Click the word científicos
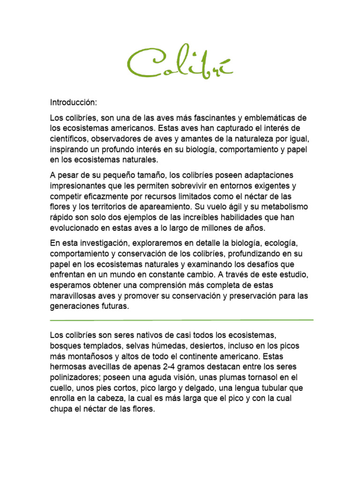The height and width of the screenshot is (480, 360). (70, 139)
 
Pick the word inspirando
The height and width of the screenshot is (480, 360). (70, 150)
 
